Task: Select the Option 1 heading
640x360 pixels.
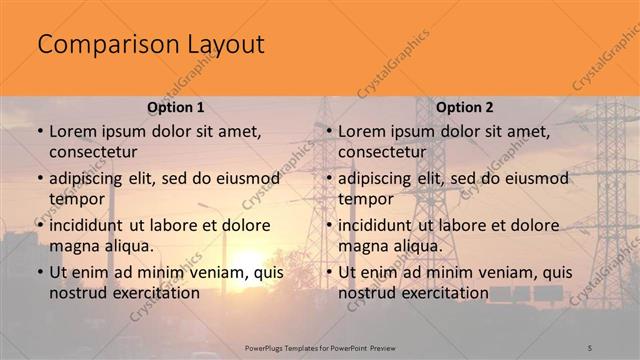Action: click(x=176, y=106)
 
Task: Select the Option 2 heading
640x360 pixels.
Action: click(x=465, y=106)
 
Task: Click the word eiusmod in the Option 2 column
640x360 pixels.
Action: click(x=532, y=179)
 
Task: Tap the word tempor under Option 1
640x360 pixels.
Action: click(x=76, y=199)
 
